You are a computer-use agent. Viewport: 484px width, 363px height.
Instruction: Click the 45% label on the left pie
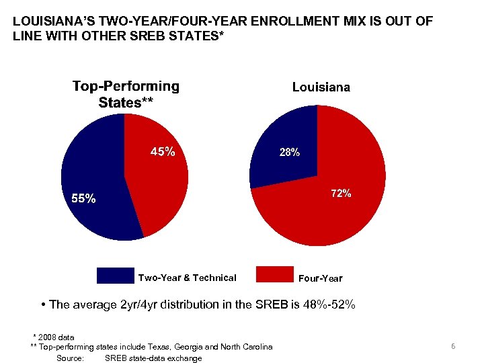click(163, 152)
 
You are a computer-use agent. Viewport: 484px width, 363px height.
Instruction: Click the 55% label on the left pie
click(84, 198)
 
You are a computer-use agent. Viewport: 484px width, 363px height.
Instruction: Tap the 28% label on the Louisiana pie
click(290, 153)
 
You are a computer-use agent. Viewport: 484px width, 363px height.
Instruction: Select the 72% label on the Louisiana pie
click(341, 193)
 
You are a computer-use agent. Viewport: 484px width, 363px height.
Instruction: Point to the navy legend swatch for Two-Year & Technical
click(116, 276)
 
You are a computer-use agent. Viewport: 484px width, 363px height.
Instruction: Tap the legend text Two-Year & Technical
click(187, 278)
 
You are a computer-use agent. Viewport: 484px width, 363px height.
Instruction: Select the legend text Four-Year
click(321, 278)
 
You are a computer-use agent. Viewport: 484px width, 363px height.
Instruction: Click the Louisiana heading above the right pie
click(321, 87)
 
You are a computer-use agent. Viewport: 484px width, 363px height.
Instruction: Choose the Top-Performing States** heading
click(126, 94)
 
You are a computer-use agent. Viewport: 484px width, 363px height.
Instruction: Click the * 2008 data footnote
click(54, 337)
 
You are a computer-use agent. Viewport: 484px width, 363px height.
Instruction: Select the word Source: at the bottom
click(71, 358)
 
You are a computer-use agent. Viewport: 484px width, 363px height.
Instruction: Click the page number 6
click(453, 346)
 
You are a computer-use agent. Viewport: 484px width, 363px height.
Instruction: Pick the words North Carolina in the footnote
click(249, 347)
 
